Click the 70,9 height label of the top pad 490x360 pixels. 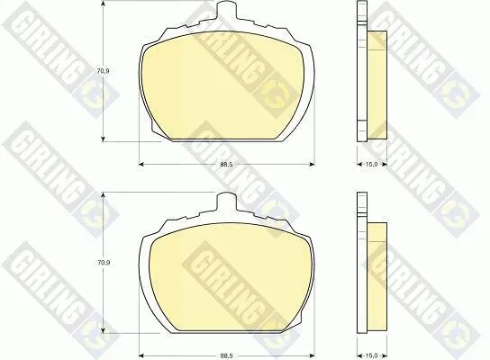pos(103,71)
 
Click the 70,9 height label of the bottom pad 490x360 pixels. pos(103,263)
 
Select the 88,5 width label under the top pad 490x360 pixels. pos(226,164)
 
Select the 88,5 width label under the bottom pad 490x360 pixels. pos(226,355)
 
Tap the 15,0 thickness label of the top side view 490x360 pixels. pos(372,164)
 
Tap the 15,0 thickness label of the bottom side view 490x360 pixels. pos(372,355)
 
